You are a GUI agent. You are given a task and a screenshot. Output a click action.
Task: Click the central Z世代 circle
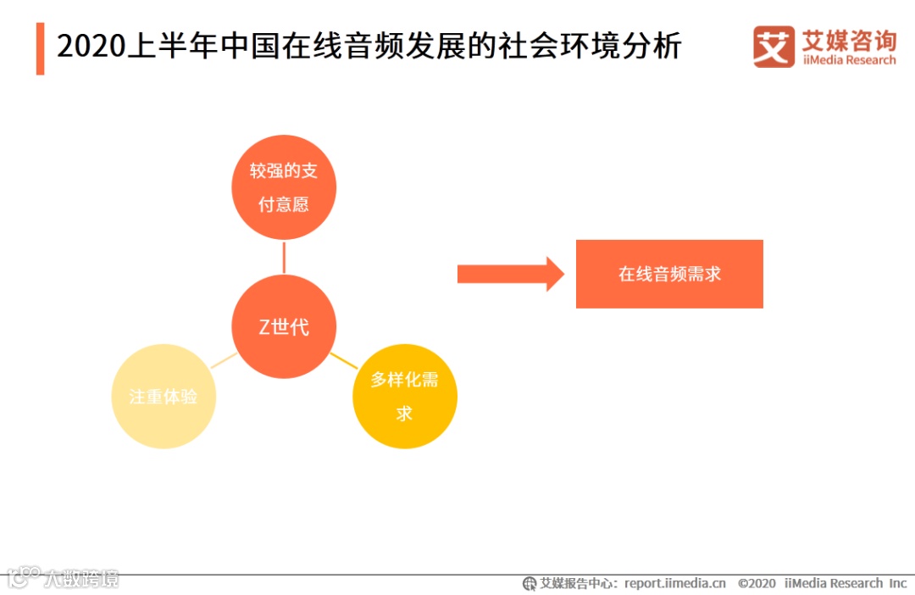[284, 327]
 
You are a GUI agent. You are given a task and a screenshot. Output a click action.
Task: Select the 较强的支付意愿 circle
[284, 187]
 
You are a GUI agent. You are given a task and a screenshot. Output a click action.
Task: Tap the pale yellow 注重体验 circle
[164, 397]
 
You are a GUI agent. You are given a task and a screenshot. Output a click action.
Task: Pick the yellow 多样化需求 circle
[404, 397]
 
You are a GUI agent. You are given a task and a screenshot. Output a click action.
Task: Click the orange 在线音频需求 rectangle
[669, 274]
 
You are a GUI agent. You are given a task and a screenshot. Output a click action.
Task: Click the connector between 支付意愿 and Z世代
[284, 257]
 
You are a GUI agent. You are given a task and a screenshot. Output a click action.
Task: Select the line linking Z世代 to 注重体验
[222, 361]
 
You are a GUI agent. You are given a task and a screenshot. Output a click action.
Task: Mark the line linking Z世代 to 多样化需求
[344, 360]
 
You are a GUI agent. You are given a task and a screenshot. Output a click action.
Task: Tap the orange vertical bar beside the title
[40, 48]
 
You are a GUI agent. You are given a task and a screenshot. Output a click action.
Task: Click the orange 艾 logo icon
[774, 47]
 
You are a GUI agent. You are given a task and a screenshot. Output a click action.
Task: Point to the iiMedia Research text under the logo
[848, 60]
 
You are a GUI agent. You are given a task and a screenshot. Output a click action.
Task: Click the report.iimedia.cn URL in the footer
[674, 583]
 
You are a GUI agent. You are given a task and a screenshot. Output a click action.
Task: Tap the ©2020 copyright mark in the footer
[757, 583]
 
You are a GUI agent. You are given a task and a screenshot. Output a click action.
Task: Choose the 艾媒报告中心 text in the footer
[579, 583]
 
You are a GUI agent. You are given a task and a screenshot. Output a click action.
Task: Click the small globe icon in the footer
[530, 583]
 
